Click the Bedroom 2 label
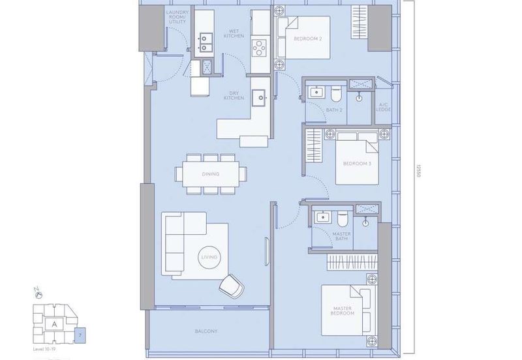307,39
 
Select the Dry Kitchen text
234,95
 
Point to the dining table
211,174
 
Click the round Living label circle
209,258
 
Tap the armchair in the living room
231,284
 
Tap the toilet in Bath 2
335,95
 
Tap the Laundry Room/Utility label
177,18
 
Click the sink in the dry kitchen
259,97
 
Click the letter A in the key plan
54,322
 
